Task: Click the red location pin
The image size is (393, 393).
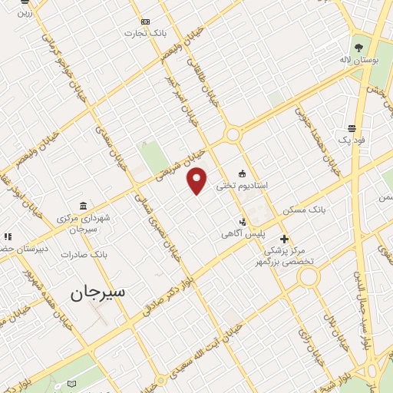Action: [197, 180]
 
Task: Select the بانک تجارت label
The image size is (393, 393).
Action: [149, 34]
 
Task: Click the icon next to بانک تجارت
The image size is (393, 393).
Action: [143, 21]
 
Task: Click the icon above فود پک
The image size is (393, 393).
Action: [352, 128]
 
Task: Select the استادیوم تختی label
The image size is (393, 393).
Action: [241, 186]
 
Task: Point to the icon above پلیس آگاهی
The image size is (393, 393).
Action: [244, 220]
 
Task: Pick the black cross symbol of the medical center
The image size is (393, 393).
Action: [284, 239]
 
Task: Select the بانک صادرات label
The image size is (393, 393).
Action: [81, 254]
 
